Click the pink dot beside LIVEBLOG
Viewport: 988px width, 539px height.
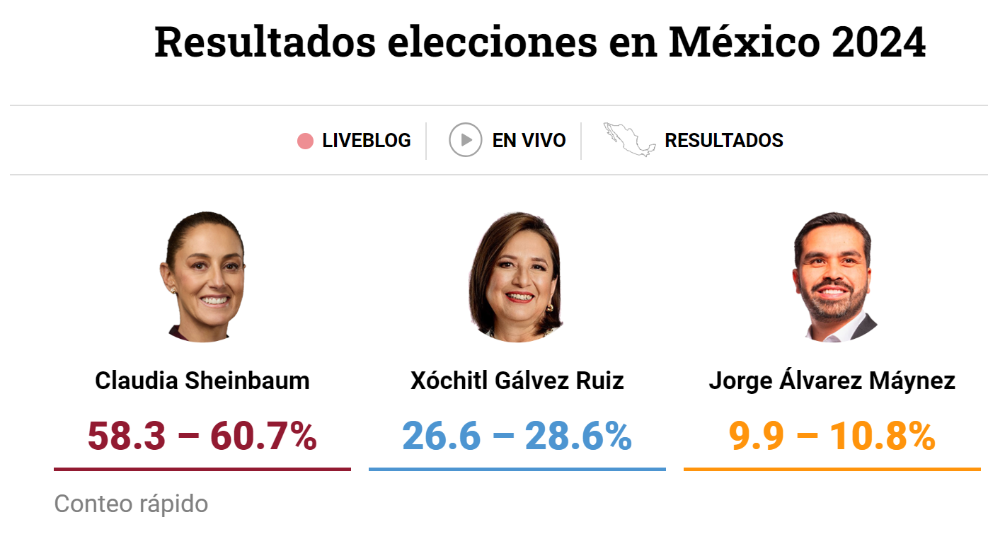tap(305, 141)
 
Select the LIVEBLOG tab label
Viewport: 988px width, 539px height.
tap(366, 141)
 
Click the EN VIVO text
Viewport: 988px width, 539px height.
tap(529, 141)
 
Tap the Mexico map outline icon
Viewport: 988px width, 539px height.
tap(629, 139)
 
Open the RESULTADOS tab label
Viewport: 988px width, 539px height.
tap(723, 141)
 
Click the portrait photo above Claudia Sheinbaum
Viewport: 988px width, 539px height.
tap(202, 277)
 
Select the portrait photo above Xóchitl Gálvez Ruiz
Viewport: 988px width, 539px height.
tap(517, 277)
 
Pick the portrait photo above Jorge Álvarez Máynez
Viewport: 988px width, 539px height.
tap(832, 277)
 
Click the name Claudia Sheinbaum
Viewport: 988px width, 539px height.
tap(202, 381)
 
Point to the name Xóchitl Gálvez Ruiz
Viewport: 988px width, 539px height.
tap(517, 381)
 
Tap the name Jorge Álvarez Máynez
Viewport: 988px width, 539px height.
tap(832, 381)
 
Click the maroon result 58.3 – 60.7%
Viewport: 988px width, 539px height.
tap(202, 436)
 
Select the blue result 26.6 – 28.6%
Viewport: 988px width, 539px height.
tap(517, 436)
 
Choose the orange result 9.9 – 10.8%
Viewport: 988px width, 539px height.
tap(832, 436)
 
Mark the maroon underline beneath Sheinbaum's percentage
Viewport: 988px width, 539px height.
tap(202, 469)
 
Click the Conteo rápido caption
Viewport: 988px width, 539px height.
tap(131, 504)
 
